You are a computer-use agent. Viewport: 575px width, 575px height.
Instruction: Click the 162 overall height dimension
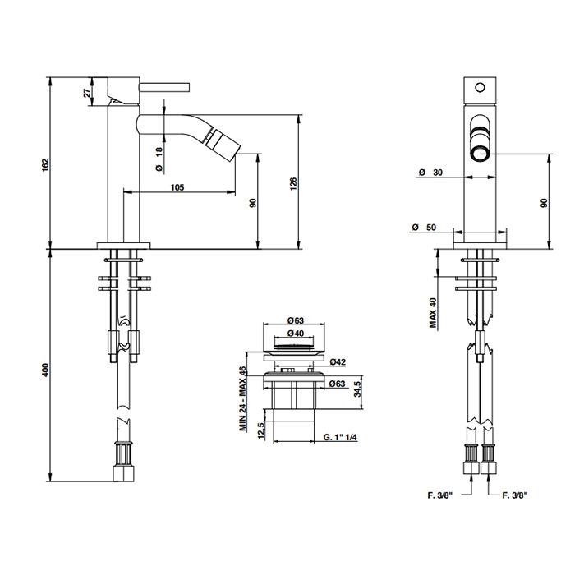(45, 165)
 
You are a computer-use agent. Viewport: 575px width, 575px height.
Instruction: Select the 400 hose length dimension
(45, 370)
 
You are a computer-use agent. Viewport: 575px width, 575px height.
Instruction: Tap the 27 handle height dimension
(87, 92)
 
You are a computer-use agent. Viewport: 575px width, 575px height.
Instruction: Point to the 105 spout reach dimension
(177, 187)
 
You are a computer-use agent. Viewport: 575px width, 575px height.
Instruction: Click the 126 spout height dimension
(293, 183)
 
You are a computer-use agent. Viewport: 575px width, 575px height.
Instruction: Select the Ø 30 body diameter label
(431, 172)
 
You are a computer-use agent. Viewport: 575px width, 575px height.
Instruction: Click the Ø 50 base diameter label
(425, 227)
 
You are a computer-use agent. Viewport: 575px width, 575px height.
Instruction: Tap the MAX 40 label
(434, 312)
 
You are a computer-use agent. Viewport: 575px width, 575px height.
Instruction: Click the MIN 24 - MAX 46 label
(243, 398)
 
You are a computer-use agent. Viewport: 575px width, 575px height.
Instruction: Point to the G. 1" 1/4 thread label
(340, 437)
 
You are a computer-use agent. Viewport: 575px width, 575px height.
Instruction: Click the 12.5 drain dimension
(261, 430)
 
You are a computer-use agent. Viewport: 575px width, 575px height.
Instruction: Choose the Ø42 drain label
(338, 362)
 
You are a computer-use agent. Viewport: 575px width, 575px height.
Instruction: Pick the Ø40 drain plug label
(295, 333)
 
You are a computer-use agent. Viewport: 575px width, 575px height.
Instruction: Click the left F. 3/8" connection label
(439, 495)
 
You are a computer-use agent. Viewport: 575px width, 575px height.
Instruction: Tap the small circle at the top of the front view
(480, 88)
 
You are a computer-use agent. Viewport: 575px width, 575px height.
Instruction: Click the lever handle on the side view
(164, 87)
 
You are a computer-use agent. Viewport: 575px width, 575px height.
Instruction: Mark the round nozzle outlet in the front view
(480, 153)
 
